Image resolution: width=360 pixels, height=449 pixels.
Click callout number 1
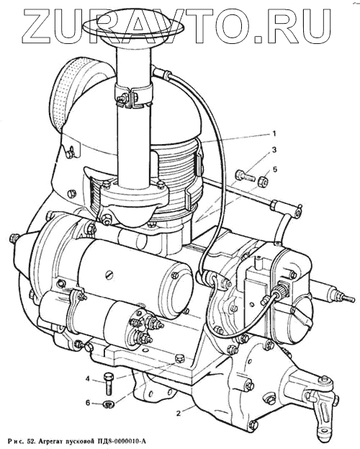pos(274,133)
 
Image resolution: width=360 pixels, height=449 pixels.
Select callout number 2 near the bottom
pos(179,413)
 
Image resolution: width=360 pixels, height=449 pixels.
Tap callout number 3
pos(274,150)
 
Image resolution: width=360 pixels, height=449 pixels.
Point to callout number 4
pos(88,379)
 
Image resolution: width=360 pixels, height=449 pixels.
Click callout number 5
pos(275,169)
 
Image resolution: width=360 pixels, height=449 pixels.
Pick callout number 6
pos(88,403)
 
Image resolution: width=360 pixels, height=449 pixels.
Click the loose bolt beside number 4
pos(108,383)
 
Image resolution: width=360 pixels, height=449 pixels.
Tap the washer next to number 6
pos(109,404)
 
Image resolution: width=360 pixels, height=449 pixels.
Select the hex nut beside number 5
pos(262,182)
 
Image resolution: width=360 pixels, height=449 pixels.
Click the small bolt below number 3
pos(246,175)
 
